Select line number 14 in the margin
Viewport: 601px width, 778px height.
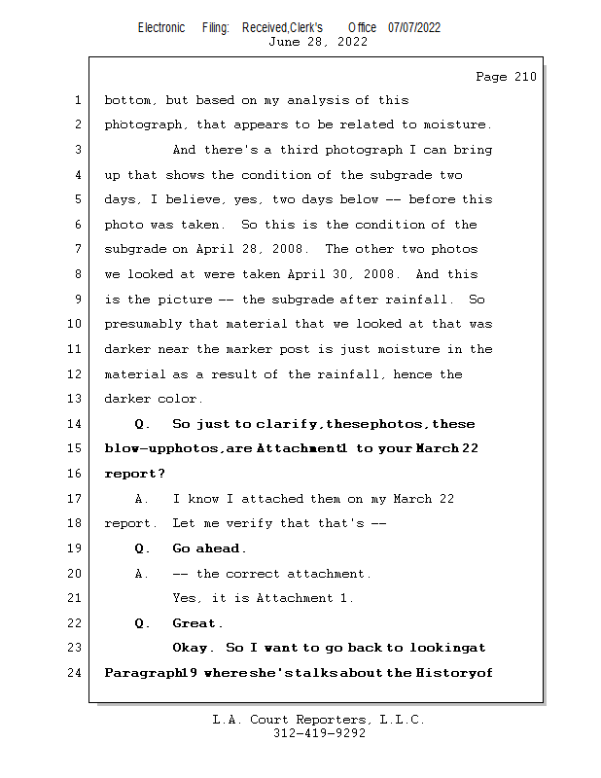[78, 424]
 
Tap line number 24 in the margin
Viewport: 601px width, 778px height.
[78, 672]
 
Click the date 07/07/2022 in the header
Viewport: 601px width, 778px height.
[414, 27]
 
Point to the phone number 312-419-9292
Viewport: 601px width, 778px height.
[319, 733]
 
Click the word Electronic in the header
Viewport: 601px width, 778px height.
[161, 27]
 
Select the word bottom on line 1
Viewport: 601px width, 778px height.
[127, 100]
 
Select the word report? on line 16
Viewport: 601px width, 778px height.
[135, 474]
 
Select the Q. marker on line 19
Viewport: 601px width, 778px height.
[143, 548]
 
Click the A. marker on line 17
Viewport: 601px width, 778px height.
[143, 499]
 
